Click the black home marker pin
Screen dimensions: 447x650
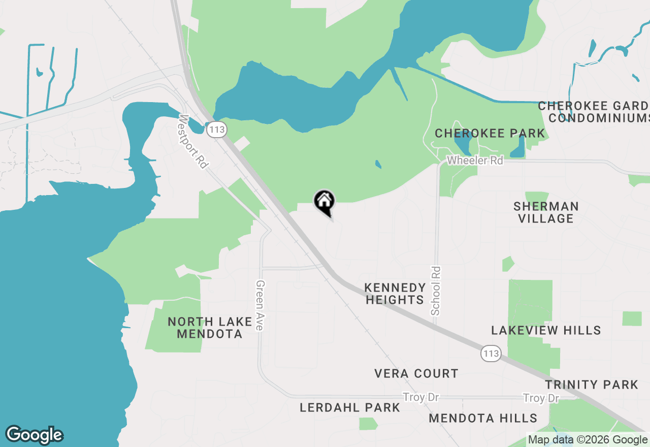click(x=324, y=202)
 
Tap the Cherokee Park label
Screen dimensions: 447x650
click(x=490, y=134)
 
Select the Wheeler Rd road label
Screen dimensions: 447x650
click(x=475, y=161)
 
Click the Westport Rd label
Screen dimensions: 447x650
click(x=193, y=142)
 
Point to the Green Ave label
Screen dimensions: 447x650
click(x=260, y=305)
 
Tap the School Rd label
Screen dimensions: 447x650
click(x=436, y=291)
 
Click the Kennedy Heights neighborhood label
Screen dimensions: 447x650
click(x=395, y=294)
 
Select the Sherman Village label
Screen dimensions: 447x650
click(x=546, y=212)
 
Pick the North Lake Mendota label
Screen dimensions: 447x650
click(x=210, y=328)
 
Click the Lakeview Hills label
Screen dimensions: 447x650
click(x=546, y=331)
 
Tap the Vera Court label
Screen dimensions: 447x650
click(x=416, y=374)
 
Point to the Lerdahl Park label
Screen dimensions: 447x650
click(x=350, y=408)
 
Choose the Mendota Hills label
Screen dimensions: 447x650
click(x=483, y=419)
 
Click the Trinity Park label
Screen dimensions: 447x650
click(x=592, y=385)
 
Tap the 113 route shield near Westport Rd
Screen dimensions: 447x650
click(x=217, y=130)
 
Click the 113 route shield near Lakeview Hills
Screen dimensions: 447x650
click(x=492, y=354)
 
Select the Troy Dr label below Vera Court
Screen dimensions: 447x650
click(x=420, y=397)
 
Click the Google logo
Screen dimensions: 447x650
click(x=34, y=435)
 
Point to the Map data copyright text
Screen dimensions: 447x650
click(x=588, y=440)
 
